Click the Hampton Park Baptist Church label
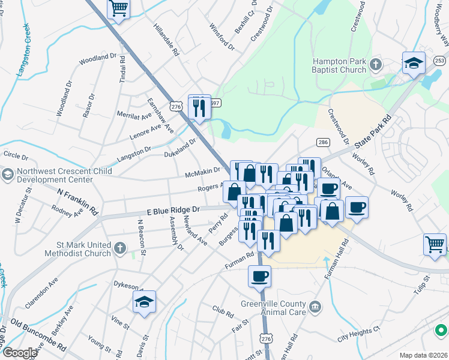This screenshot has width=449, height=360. pos(339,65)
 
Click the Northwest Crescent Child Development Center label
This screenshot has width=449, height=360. pos(55,175)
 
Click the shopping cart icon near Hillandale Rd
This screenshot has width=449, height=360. pos(119,9)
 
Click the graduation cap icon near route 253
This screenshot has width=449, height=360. pos(414,63)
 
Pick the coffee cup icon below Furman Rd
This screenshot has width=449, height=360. pos(260,277)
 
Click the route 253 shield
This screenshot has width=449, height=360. pos(440,60)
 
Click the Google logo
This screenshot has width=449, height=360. pos(19,353)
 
